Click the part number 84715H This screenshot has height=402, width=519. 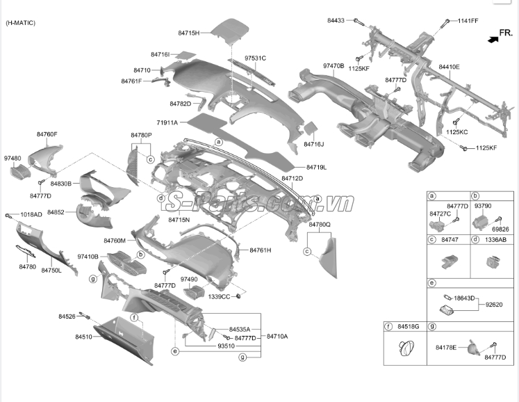tap(188, 33)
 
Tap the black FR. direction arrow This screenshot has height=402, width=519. tap(493, 40)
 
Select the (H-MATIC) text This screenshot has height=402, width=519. tap(21, 23)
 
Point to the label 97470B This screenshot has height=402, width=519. tap(333, 66)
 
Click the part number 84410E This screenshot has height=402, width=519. tap(449, 67)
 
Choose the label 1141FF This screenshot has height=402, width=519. tap(468, 21)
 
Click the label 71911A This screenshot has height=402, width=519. tap(167, 122)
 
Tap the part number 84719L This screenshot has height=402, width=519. tap(315, 168)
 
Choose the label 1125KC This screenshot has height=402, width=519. tap(457, 132)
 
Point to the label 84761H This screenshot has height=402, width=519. tap(260, 250)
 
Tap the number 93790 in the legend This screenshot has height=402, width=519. tap(483, 206)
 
